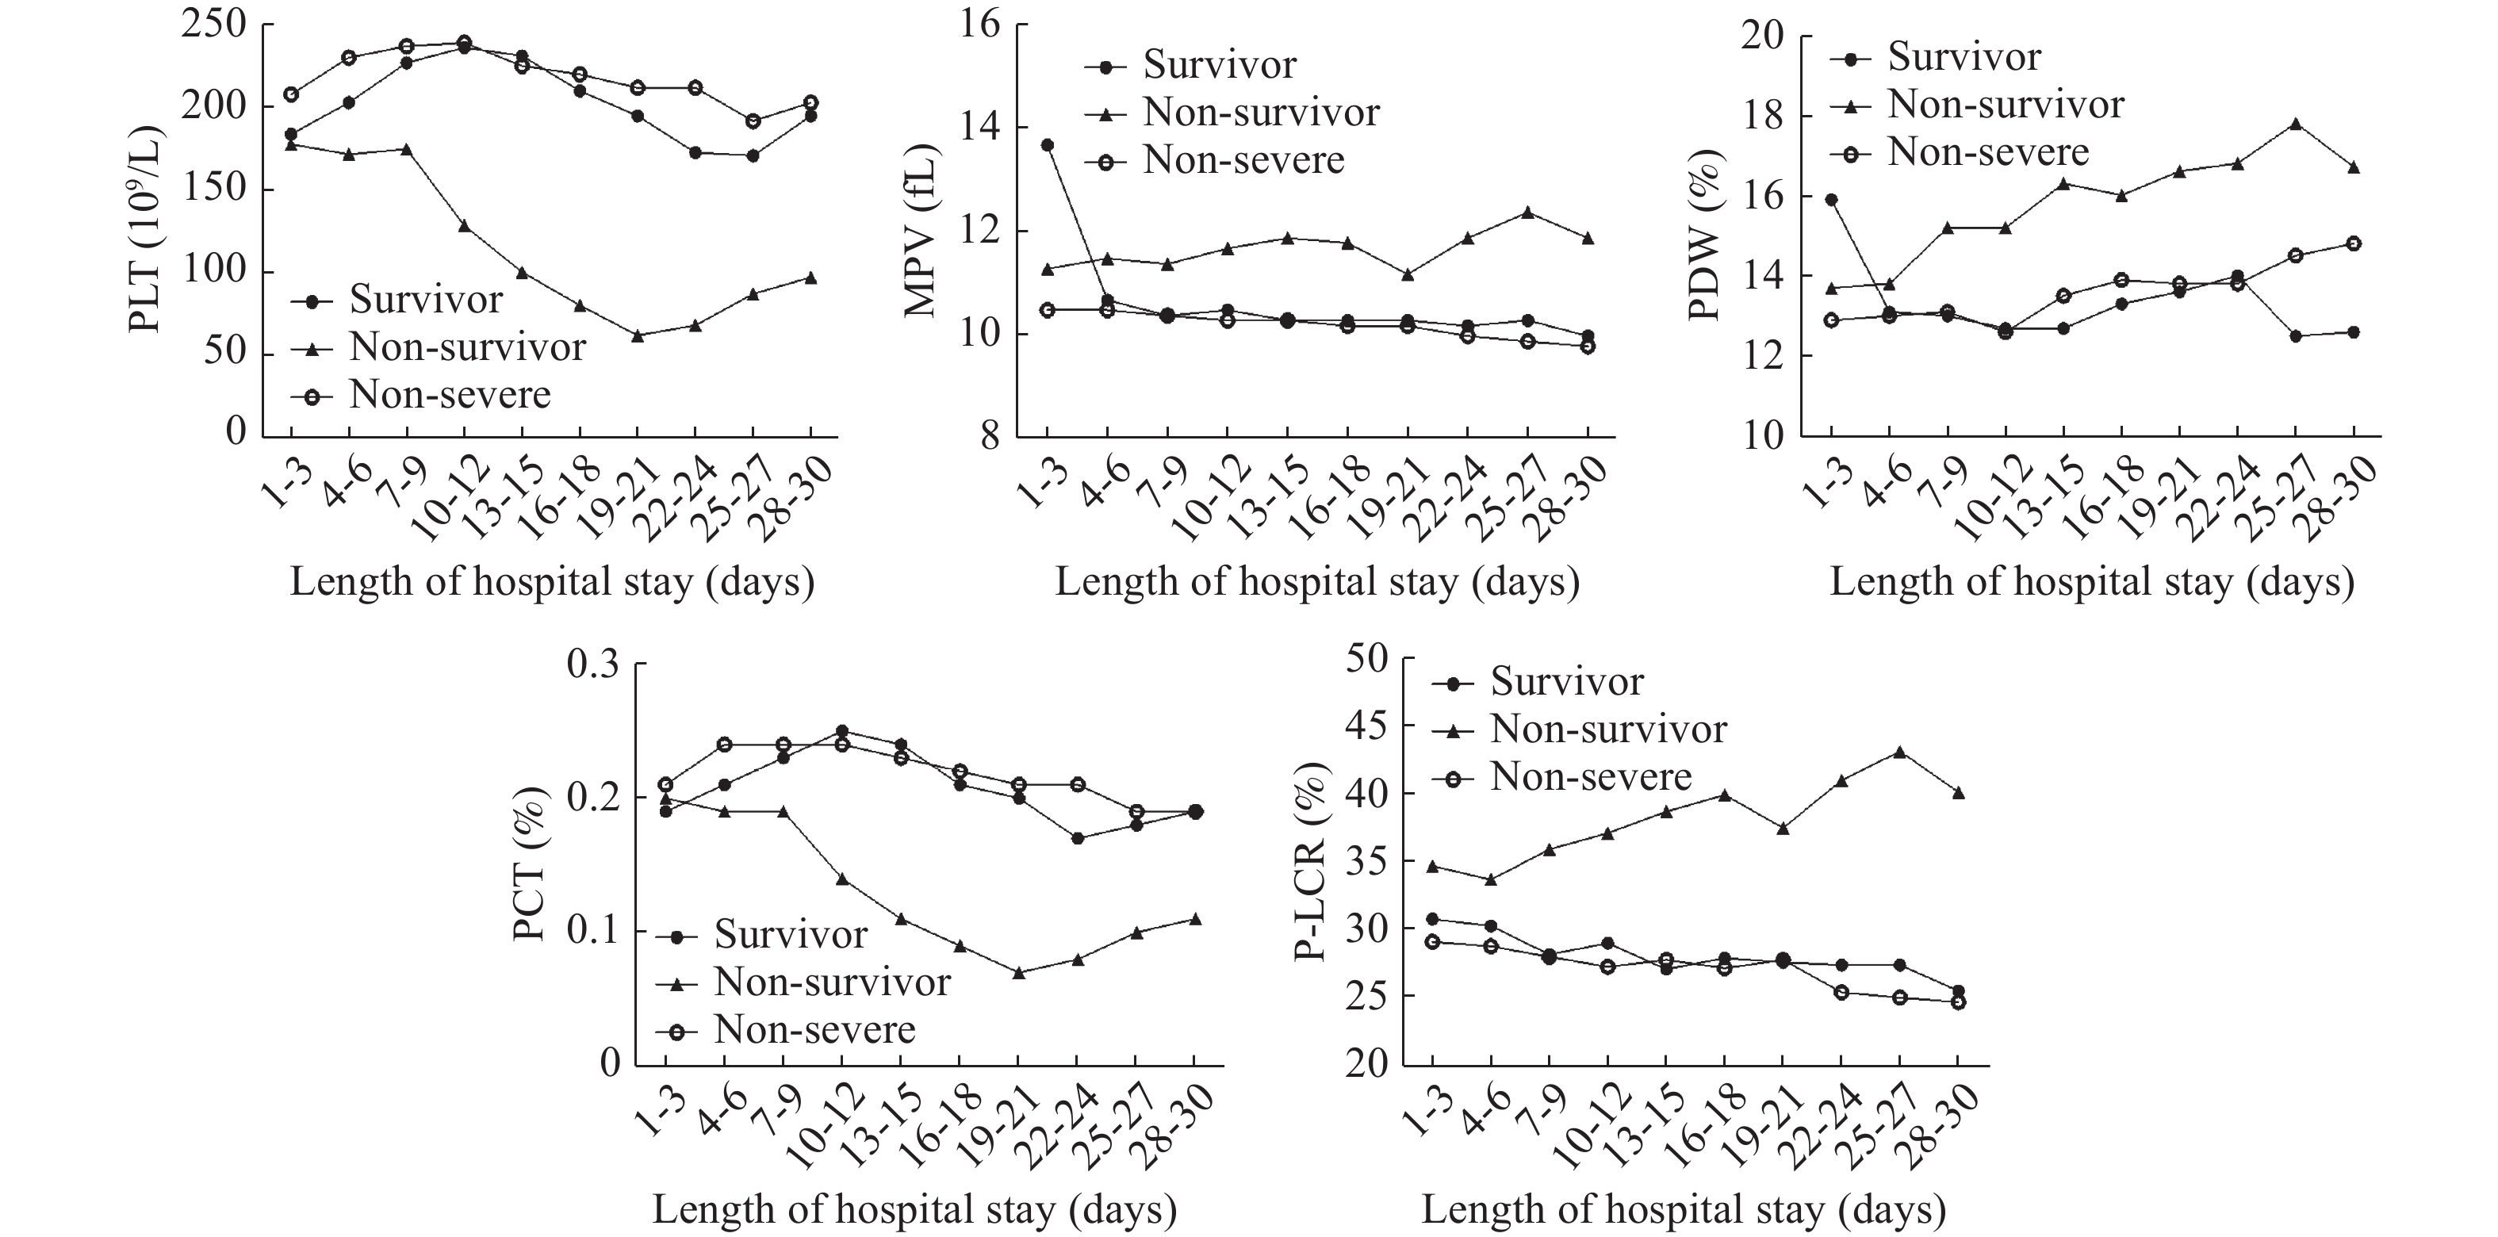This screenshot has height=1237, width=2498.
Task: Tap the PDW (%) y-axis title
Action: click(x=1704, y=236)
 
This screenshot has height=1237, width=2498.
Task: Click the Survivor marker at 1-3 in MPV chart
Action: click(x=1048, y=145)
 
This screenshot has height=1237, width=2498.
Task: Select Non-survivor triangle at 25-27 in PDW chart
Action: click(x=2295, y=124)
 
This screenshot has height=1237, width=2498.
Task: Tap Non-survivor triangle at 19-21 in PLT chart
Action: click(x=637, y=335)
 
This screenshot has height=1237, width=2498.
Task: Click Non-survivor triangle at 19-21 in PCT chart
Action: click(x=1018, y=972)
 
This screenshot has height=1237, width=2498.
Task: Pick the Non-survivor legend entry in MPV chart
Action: click(x=1261, y=113)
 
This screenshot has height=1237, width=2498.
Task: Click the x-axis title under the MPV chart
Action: click(x=1317, y=583)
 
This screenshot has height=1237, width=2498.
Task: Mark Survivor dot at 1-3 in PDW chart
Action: click(x=1831, y=200)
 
